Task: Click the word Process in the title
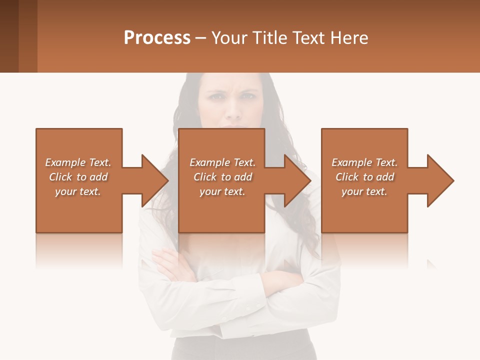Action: click(157, 37)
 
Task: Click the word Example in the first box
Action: click(65, 162)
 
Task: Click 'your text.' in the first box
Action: click(77, 191)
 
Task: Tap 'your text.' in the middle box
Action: click(222, 191)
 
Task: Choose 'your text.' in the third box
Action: click(364, 191)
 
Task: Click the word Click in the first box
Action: click(60, 177)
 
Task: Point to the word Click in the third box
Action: click(347, 177)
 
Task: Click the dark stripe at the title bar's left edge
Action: click(9, 36)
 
